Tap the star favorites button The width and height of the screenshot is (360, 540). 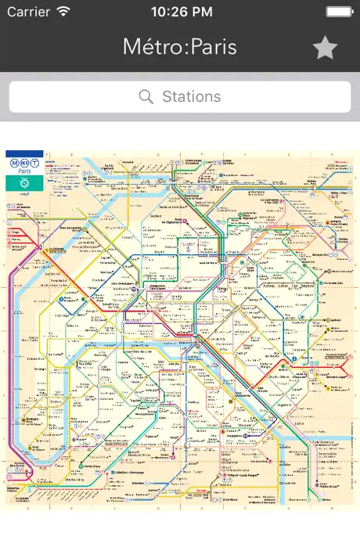[x=325, y=49]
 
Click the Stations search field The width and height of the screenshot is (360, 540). [x=180, y=97]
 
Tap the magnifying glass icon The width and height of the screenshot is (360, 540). [x=146, y=97]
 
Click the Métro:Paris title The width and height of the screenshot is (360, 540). [x=179, y=47]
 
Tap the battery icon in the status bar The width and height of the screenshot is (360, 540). [x=340, y=12]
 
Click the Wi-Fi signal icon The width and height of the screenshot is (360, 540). [x=63, y=12]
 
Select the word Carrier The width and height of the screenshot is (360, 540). [x=27, y=12]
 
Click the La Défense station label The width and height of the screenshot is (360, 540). [x=55, y=250]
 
